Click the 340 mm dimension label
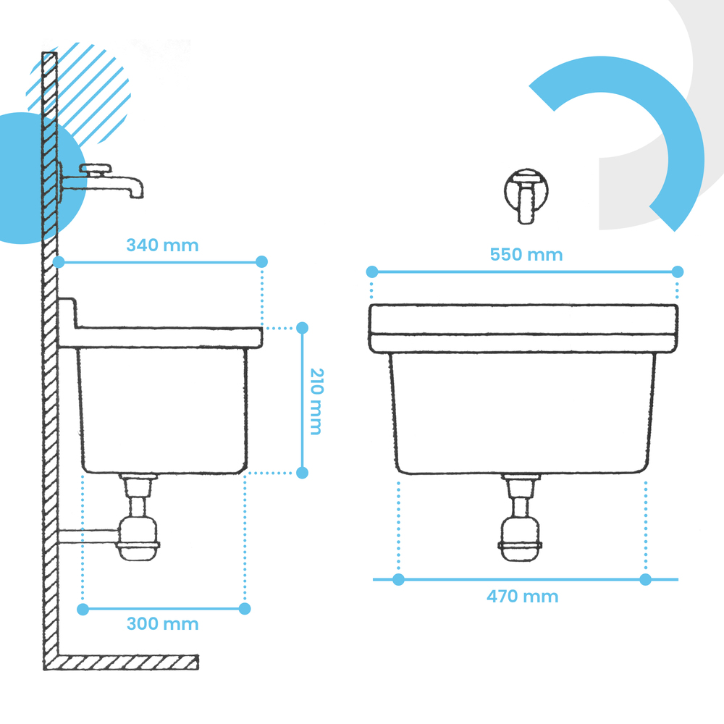click(x=162, y=245)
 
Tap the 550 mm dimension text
click(x=526, y=255)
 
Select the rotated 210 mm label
click(x=316, y=402)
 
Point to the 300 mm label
click(x=162, y=624)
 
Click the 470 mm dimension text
click(x=523, y=597)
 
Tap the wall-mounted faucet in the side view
click(x=101, y=181)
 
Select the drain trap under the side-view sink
click(x=138, y=517)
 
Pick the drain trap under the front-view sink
click(x=521, y=518)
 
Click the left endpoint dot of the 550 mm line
click(x=372, y=272)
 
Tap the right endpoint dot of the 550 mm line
click(x=678, y=272)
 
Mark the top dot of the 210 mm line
click(x=303, y=328)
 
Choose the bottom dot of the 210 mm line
click(x=303, y=473)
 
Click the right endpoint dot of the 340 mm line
click(x=262, y=262)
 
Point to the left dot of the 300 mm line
click(x=83, y=610)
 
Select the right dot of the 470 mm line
click(x=646, y=579)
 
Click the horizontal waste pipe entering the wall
click(x=88, y=536)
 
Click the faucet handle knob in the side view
click(x=96, y=169)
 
